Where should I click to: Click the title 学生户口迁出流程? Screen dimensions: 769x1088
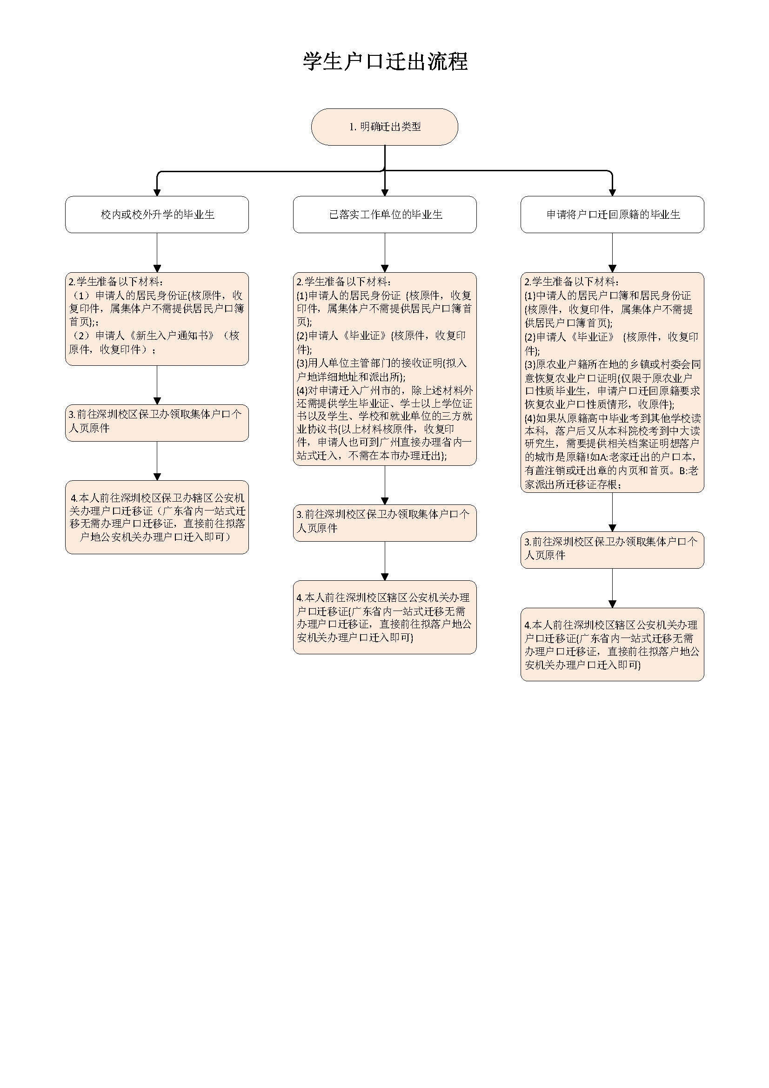(385, 61)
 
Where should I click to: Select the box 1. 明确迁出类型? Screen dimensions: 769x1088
(384, 127)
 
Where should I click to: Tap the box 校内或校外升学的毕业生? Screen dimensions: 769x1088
(157, 215)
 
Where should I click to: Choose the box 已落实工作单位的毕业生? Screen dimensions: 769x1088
(385, 215)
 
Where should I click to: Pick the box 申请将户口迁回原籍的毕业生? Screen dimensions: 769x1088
(612, 215)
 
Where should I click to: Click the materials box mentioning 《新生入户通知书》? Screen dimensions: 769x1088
(157, 319)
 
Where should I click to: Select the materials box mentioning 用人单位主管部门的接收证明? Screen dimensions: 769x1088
(385, 369)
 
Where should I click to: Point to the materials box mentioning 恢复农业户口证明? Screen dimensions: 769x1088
(612, 383)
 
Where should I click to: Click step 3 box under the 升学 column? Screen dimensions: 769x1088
(157, 423)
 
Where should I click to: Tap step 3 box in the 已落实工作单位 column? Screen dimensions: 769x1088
(385, 523)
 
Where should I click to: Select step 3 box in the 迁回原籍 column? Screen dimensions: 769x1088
(612, 550)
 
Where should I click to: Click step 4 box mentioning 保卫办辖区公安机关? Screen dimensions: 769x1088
(157, 517)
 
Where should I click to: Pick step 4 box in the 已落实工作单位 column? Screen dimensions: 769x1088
(385, 617)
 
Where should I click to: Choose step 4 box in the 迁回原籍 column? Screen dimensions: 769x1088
(612, 645)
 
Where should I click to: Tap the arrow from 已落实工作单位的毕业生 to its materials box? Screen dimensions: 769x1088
(385, 253)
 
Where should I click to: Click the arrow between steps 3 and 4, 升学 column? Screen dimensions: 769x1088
(157, 461)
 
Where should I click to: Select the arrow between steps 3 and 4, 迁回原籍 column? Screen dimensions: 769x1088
(612, 588)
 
